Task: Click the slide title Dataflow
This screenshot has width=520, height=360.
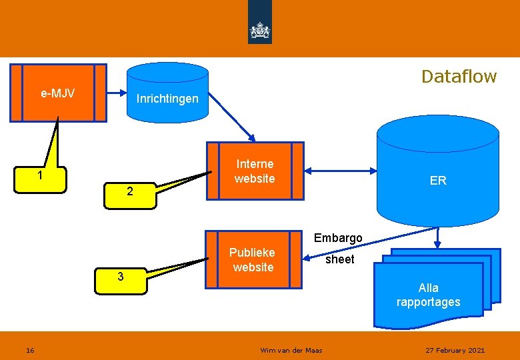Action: coord(459,77)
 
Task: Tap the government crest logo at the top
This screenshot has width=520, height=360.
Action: coord(259,31)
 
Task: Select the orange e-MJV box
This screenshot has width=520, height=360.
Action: coord(58,93)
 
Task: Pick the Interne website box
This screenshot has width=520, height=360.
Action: coord(255,171)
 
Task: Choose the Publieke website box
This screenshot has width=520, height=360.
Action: coord(253,260)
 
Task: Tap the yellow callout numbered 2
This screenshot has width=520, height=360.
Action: coord(130,192)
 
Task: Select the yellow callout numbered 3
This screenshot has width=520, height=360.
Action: coord(120,277)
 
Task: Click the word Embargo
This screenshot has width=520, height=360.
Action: coord(338,238)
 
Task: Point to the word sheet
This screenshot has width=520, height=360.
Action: coord(340,259)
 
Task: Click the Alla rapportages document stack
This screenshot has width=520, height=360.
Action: coord(429,295)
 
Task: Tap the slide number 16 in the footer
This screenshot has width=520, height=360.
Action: coord(30,350)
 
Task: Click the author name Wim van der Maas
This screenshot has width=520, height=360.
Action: coord(291,350)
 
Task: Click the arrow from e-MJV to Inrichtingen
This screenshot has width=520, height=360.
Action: coord(117,93)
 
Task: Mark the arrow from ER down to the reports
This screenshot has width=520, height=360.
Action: coord(437,237)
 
